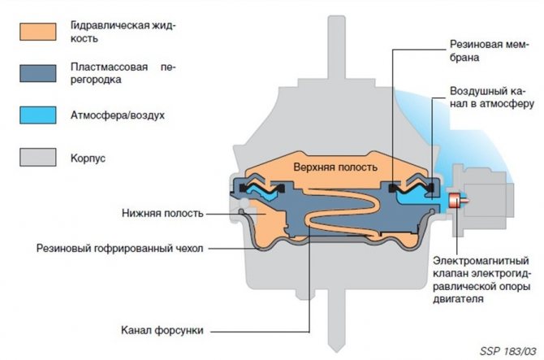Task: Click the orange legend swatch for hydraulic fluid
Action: tap(38, 32)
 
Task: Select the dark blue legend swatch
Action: tap(38, 73)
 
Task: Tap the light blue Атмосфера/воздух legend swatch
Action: tap(38, 115)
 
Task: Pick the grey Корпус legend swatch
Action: tap(38, 158)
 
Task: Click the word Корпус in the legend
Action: tap(89, 158)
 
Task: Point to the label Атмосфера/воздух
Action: tap(118, 115)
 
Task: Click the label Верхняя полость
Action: tap(335, 167)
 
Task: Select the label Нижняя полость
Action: tap(162, 213)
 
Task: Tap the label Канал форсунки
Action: tap(162, 330)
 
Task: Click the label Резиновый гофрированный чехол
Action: tap(119, 248)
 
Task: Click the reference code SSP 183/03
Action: tap(508, 351)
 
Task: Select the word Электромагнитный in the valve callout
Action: tap(481, 260)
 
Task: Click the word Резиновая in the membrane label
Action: tap(472, 45)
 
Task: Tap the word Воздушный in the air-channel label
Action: tap(476, 91)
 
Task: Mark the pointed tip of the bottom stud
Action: tap(336, 351)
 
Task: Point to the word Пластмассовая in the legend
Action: tap(109, 67)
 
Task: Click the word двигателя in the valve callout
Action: tap(458, 299)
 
